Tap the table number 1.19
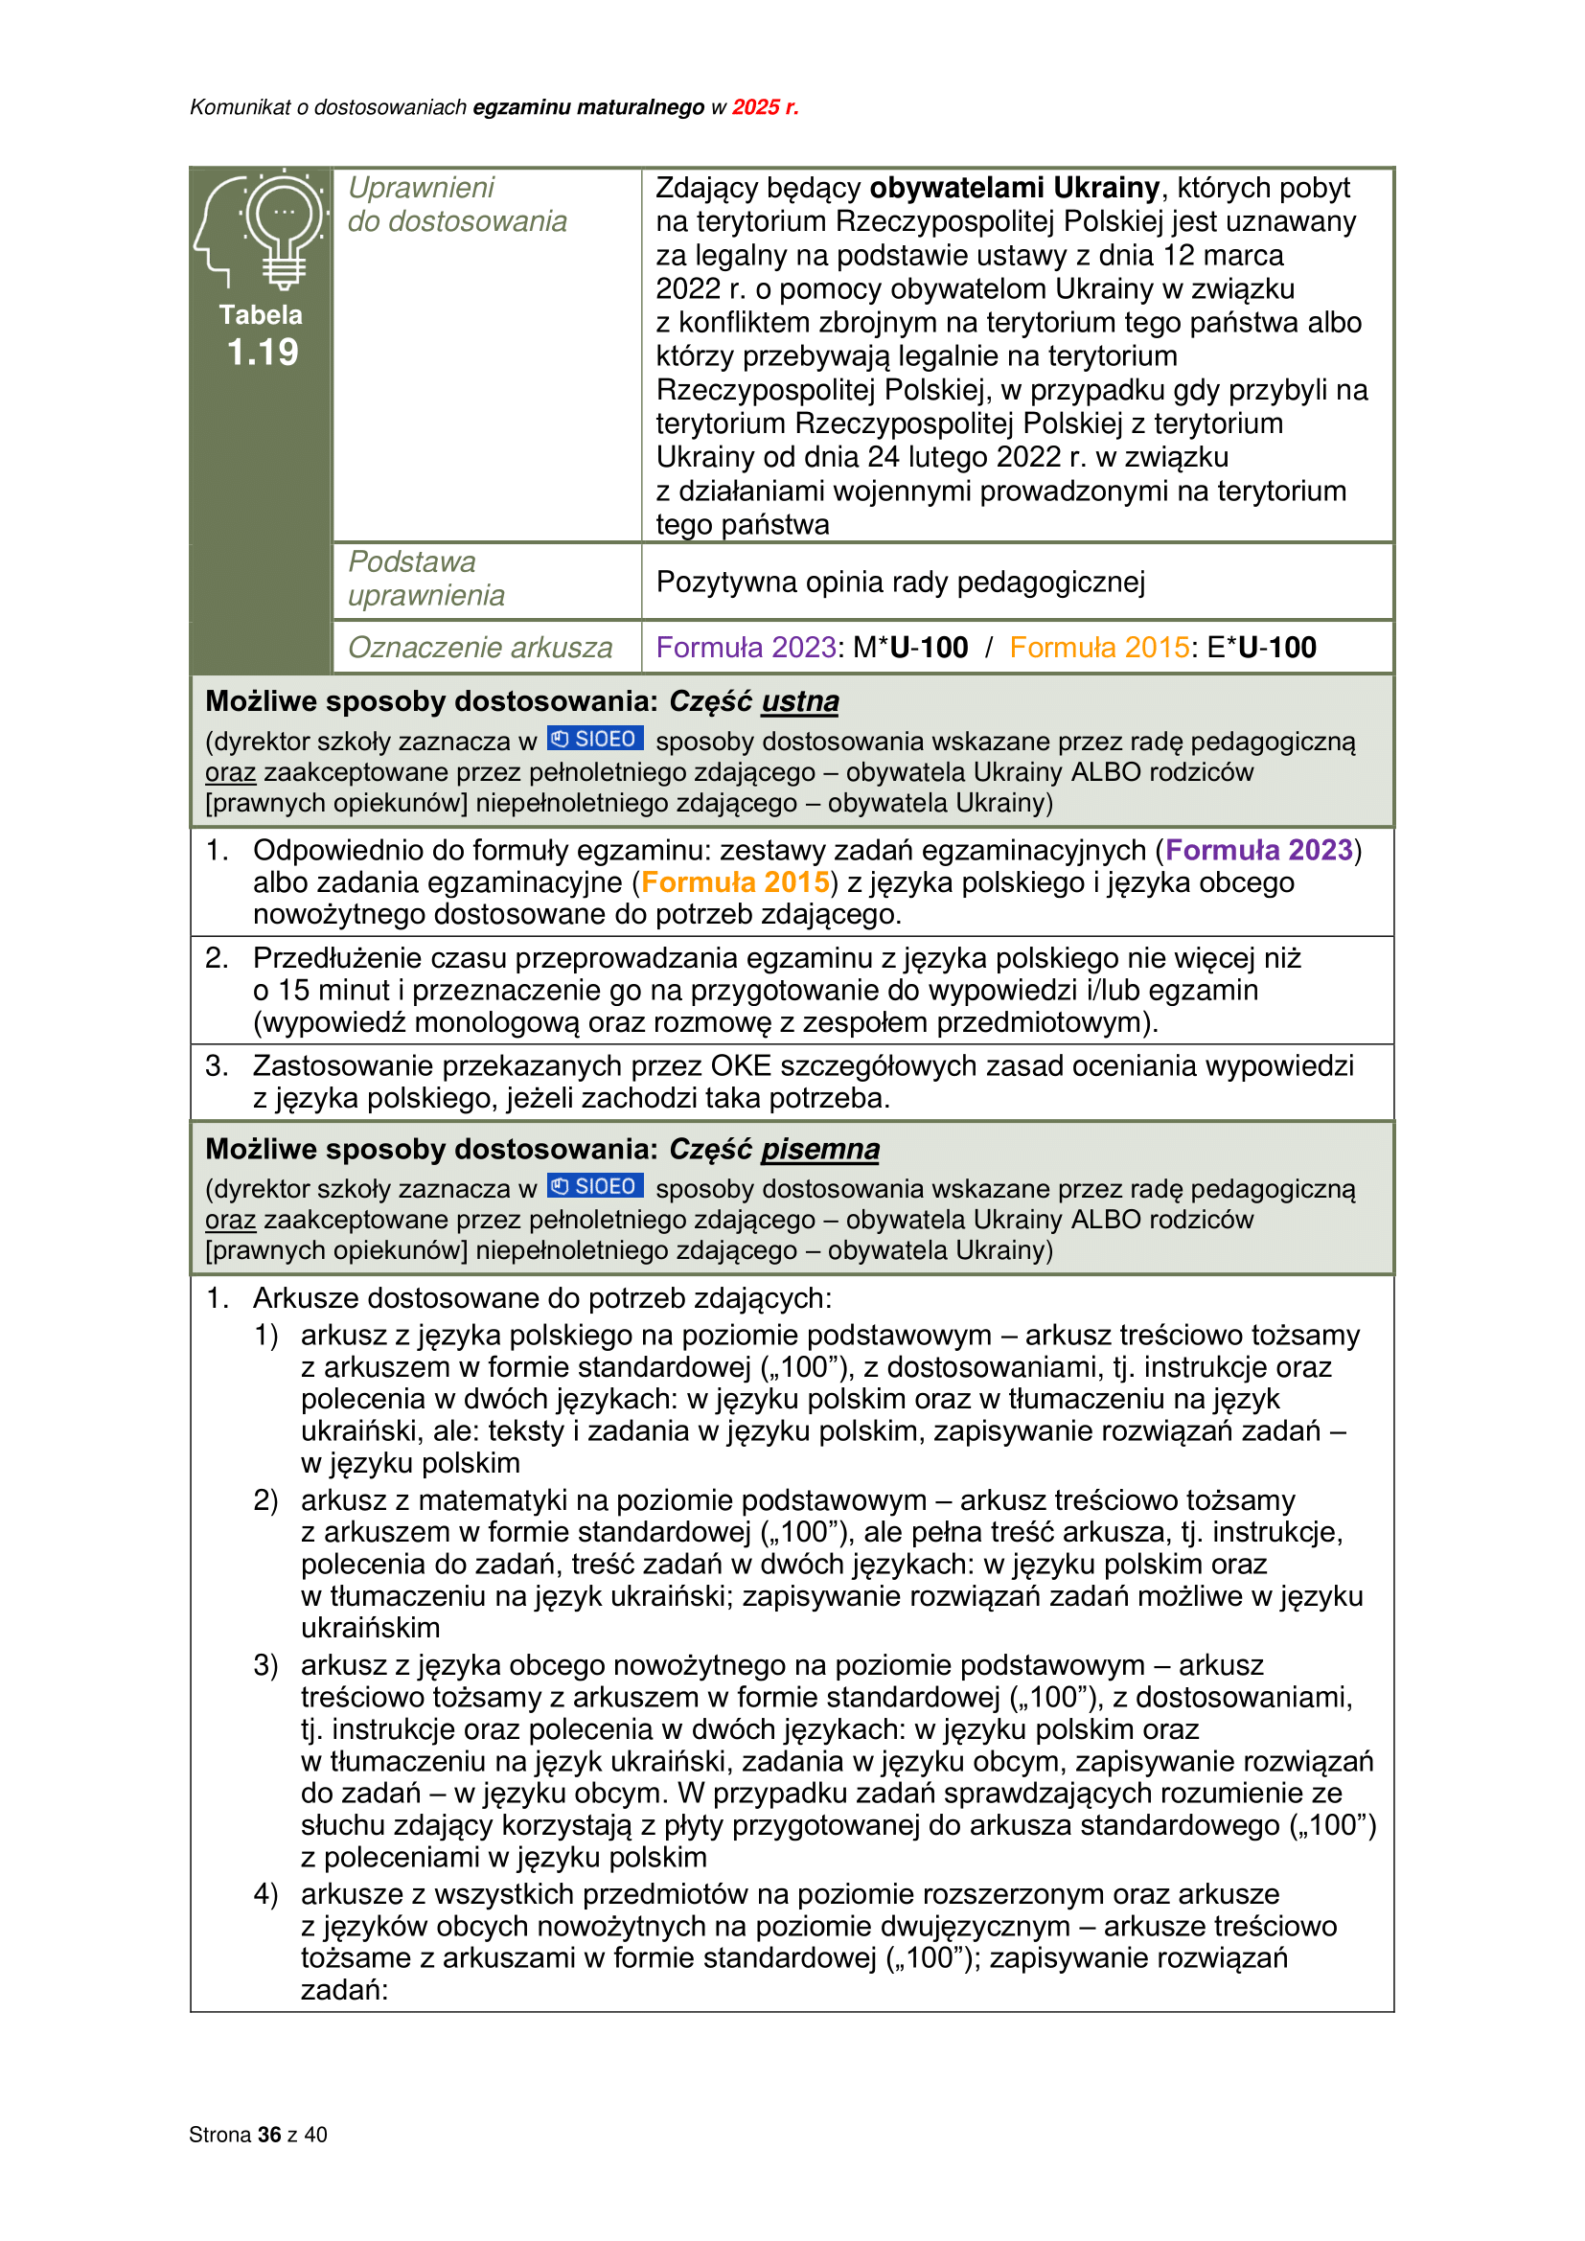tap(262, 353)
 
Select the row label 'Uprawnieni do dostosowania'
tap(457, 205)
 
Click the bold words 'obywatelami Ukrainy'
tap(1014, 188)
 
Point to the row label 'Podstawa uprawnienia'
tap(426, 579)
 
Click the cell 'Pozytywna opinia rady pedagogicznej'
tap(900, 583)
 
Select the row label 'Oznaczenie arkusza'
tap(480, 648)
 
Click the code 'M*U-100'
tap(910, 648)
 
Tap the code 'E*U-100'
tap(1262, 648)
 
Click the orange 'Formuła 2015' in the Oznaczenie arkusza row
tap(1099, 648)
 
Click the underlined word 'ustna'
tap(799, 701)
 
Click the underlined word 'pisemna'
tap(820, 1150)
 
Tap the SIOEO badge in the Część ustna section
tap(594, 740)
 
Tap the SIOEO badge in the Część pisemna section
tap(594, 1187)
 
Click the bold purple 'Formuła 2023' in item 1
tap(1259, 850)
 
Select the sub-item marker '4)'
tap(265, 1894)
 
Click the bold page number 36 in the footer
tap(269, 2135)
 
